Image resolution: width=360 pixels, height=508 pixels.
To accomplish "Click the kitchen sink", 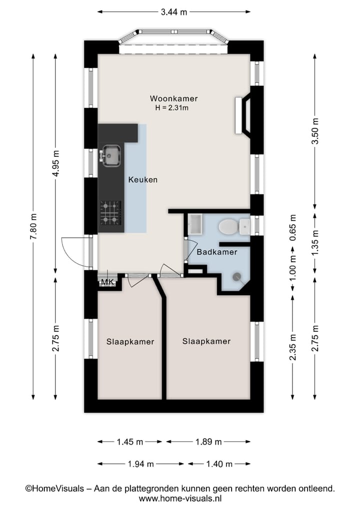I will [110, 155].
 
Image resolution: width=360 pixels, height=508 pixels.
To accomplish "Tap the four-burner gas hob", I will [110, 212].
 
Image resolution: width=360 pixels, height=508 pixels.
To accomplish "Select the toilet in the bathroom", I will [228, 227].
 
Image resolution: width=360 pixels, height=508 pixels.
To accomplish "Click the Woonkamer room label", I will [173, 98].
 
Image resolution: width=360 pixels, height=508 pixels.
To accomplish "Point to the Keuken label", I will [142, 180].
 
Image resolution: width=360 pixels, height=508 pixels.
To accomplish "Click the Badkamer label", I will [216, 252].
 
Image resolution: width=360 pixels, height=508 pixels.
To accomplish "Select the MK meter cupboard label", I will [107, 283].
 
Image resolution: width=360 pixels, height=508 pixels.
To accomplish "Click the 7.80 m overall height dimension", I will [33, 226].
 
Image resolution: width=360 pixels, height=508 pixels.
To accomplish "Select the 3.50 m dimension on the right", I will [314, 131].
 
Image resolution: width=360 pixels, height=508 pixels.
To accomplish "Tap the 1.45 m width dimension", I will [129, 442].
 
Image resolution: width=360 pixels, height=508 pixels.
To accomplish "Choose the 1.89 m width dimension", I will [208, 442].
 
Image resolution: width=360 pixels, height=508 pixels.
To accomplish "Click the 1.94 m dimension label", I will [140, 464].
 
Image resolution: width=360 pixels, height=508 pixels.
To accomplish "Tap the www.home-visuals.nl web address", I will [180, 498].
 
